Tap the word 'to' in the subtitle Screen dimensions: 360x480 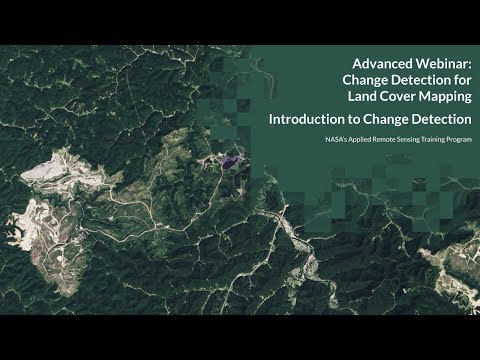(x=355, y=119)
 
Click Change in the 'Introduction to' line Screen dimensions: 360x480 (x=390, y=119)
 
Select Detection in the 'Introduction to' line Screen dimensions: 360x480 (x=444, y=119)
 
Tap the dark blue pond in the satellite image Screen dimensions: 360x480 (x=233, y=157)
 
